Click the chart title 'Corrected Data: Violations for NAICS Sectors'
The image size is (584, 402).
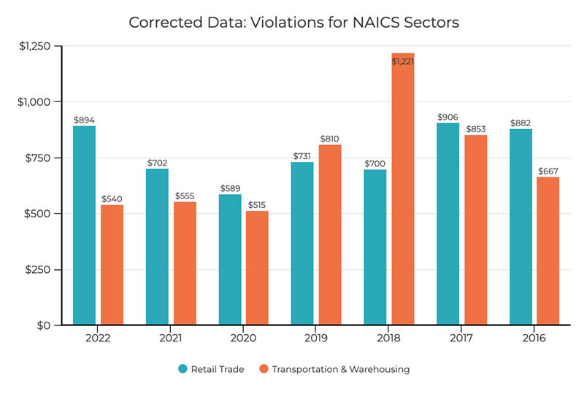point(293,22)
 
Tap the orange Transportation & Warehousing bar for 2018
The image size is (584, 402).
point(403,190)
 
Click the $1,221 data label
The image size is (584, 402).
point(403,62)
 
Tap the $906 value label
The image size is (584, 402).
point(447,117)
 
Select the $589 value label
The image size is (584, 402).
point(230,188)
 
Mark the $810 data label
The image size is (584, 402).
point(329,138)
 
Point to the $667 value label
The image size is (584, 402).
point(547,170)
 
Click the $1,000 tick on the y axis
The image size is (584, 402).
point(35,102)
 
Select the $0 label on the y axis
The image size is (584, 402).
point(45,325)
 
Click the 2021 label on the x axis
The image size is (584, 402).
point(171,339)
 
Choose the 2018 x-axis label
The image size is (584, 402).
point(389,339)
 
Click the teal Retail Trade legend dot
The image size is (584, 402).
point(182,369)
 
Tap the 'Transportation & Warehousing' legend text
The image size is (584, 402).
point(340,369)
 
